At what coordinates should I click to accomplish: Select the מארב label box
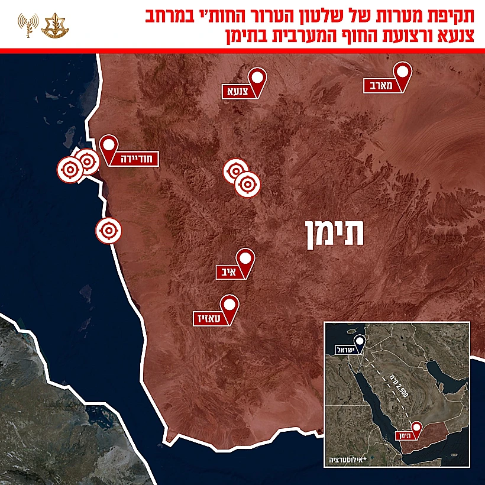382,86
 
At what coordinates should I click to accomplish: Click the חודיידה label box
125,157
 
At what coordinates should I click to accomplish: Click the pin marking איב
245,259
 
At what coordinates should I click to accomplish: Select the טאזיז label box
211,318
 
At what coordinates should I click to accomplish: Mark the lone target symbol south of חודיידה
108,230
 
